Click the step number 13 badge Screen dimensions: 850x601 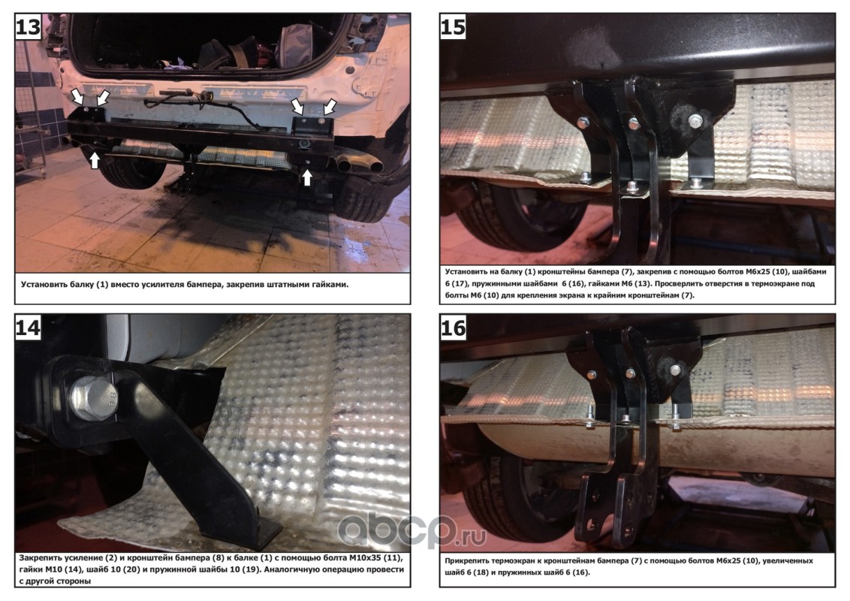tap(29, 26)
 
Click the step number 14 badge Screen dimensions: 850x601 tap(29, 328)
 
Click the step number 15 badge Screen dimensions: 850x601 tap(454, 26)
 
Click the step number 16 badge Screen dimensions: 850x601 tap(454, 328)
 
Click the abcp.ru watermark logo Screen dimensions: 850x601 tap(412, 532)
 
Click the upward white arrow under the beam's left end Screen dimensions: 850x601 tap(95, 159)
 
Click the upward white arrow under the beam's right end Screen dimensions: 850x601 tap(307, 177)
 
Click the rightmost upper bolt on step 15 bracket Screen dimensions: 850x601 tap(695, 119)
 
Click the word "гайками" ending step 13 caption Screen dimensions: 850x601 tap(330, 284)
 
